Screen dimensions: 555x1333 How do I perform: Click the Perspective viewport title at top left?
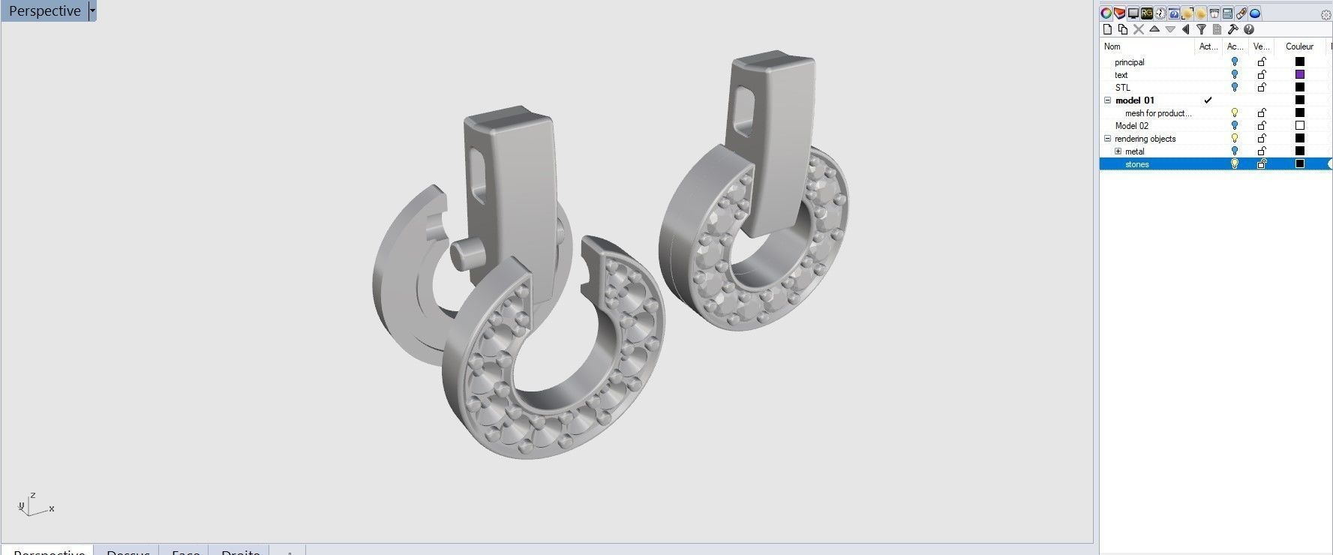pyautogui.click(x=44, y=11)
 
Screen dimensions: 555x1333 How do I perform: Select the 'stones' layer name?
pyautogui.click(x=1136, y=164)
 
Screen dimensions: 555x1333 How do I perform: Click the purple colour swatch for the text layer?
pyautogui.click(x=1300, y=74)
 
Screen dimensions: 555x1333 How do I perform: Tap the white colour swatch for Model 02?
pyautogui.click(x=1300, y=125)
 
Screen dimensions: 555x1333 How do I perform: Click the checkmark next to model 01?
pyautogui.click(x=1208, y=100)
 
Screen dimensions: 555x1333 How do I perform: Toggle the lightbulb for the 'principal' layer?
pyautogui.click(x=1234, y=61)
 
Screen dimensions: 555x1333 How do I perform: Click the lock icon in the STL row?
pyautogui.click(x=1262, y=87)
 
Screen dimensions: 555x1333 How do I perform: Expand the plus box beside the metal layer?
pyautogui.click(x=1118, y=151)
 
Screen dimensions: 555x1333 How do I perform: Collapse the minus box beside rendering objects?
pyautogui.click(x=1107, y=139)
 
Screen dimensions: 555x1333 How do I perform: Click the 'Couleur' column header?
pyautogui.click(x=1299, y=46)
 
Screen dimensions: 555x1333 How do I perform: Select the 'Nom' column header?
pyautogui.click(x=1112, y=46)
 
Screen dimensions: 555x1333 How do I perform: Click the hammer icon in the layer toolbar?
pyautogui.click(x=1232, y=29)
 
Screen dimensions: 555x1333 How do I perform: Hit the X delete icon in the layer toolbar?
pyautogui.click(x=1138, y=29)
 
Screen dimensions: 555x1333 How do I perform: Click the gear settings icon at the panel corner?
pyautogui.click(x=1325, y=14)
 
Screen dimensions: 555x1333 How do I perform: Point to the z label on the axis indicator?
pyautogui.click(x=33, y=496)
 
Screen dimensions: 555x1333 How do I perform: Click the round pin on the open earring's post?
pyautogui.click(x=464, y=254)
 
